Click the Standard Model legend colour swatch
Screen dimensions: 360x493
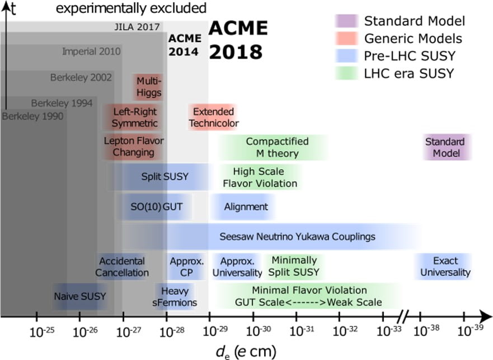tap(347, 21)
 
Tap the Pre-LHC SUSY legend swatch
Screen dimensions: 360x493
tap(347, 55)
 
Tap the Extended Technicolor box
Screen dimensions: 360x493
tap(213, 118)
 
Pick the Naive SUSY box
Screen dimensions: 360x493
tap(79, 296)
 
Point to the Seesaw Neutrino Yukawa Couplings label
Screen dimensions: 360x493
tap(297, 237)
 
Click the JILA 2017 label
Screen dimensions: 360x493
tap(134, 27)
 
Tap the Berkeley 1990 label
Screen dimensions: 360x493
tap(32, 116)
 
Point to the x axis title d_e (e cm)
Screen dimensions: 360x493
tap(246, 351)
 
